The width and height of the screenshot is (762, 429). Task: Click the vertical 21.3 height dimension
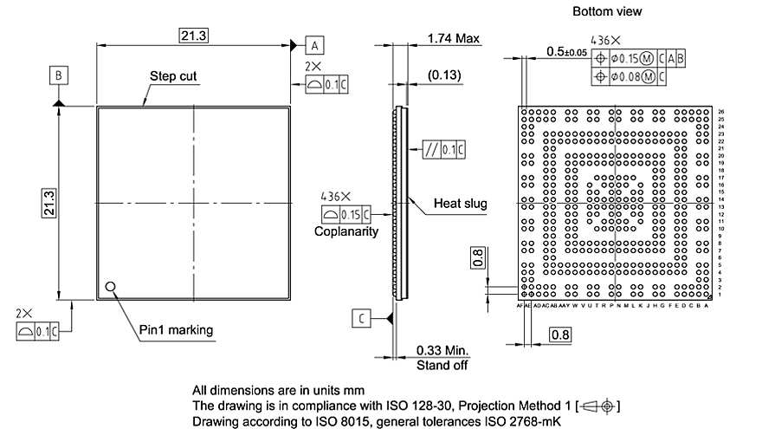click(49, 203)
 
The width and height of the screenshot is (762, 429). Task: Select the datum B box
click(58, 76)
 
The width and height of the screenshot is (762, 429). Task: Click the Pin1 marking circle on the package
click(110, 287)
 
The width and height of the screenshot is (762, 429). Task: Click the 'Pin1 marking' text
click(176, 330)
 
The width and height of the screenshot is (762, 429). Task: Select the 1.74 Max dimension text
click(454, 39)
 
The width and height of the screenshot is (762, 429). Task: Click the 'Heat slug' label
click(460, 205)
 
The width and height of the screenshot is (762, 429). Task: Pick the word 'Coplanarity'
click(345, 231)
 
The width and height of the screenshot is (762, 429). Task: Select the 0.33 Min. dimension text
click(442, 350)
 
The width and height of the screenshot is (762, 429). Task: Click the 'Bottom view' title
click(607, 11)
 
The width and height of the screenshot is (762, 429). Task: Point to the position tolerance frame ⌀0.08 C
click(630, 77)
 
